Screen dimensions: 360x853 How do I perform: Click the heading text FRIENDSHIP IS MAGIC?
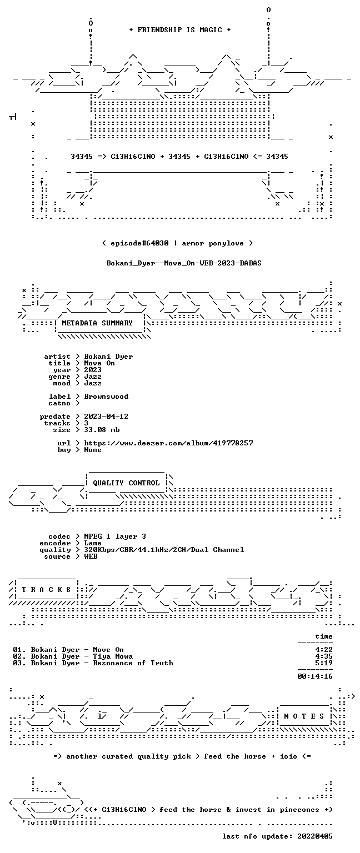coord(180,29)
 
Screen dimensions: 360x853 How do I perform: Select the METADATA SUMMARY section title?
coord(97,323)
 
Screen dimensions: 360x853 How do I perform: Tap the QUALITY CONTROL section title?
coord(126,483)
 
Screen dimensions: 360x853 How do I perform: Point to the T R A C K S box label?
coord(47,589)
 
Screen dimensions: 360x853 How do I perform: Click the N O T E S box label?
coord(304,716)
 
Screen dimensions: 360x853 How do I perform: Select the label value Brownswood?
coord(106,397)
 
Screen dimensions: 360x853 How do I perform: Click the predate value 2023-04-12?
coord(106,416)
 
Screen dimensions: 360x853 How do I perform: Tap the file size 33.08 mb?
coord(102,429)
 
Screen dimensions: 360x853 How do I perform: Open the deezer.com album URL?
coord(168,443)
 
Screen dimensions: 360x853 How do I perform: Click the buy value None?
coord(93,450)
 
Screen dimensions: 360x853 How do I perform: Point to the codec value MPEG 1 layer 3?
coord(115,536)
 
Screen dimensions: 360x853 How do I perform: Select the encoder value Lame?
coord(93,543)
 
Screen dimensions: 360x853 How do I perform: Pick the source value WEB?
coord(91,556)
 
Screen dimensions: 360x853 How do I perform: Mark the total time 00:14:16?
coord(314,676)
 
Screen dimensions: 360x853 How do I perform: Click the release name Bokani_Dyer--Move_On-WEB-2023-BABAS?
coord(184,263)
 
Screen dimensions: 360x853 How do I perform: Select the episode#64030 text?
coord(139,243)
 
